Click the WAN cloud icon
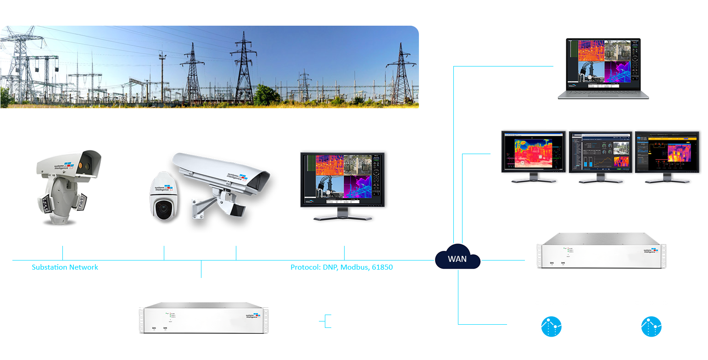(457, 259)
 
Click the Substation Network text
(65, 267)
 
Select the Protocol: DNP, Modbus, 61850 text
(341, 267)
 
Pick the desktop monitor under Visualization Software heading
(342, 183)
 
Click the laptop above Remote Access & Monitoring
(602, 69)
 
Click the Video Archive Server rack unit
(601, 251)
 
